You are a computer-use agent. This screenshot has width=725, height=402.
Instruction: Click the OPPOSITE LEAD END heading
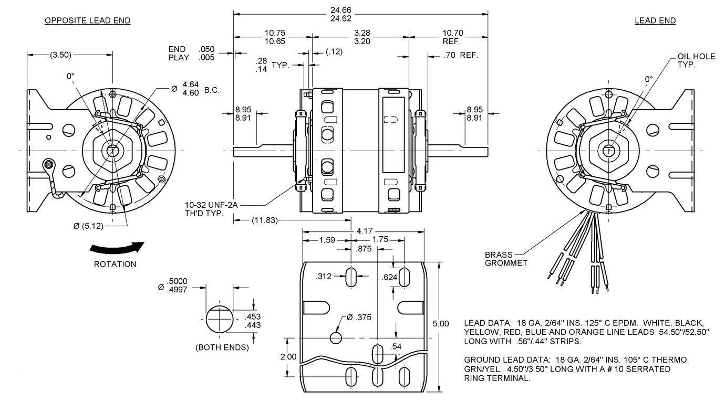[87, 20]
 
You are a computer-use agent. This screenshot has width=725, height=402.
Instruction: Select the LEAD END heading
[655, 20]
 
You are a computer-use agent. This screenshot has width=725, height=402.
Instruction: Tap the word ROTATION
[115, 264]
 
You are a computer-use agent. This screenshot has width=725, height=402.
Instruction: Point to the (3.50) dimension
[61, 55]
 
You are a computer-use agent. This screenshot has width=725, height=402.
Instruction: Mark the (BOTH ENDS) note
[222, 347]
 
